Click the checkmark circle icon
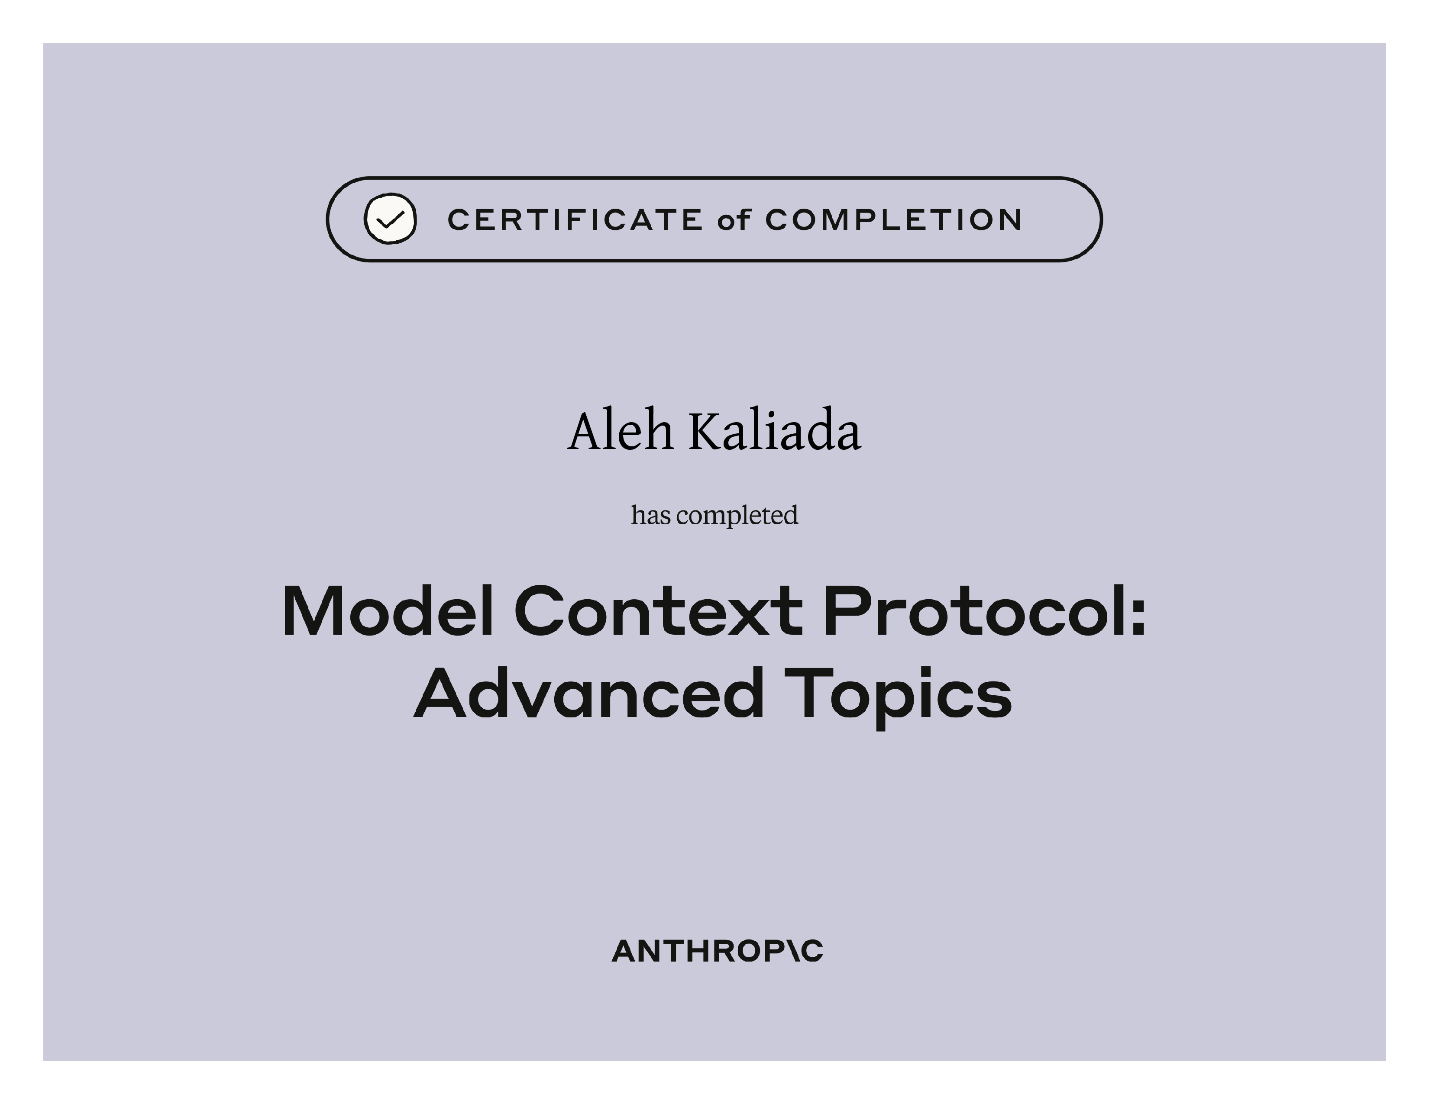390,219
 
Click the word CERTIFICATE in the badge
575,220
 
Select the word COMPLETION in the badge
893,220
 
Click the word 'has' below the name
650,515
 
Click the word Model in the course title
388,611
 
